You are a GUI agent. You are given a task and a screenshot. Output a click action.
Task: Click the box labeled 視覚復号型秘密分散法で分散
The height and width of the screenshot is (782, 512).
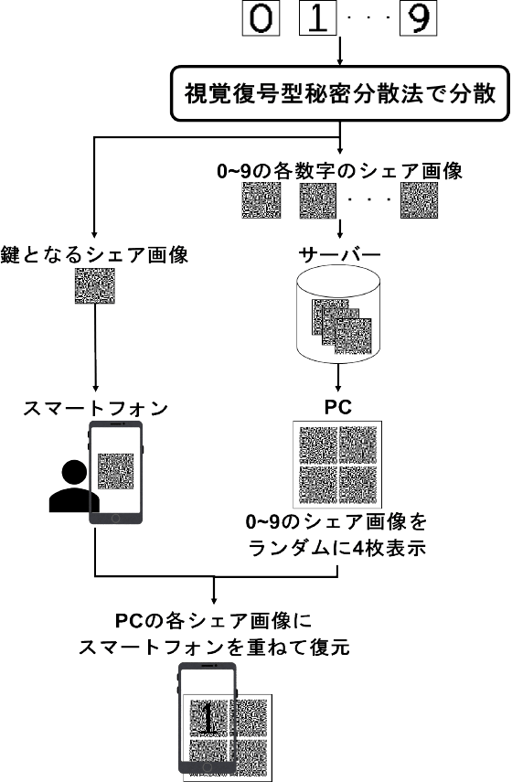click(340, 94)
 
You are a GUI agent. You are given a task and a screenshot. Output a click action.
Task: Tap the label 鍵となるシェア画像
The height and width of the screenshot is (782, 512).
click(95, 255)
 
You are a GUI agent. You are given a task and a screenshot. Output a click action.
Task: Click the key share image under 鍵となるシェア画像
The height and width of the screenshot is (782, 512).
click(95, 288)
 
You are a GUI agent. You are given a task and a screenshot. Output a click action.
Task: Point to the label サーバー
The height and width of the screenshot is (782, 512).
click(340, 255)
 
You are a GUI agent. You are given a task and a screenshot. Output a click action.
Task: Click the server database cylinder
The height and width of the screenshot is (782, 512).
click(340, 319)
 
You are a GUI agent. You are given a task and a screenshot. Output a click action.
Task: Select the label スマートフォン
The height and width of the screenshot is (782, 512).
click(95, 408)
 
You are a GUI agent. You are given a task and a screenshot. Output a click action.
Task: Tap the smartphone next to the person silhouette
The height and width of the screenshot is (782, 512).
click(117, 474)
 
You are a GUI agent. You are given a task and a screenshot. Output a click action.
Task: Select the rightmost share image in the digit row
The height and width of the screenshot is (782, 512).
click(420, 200)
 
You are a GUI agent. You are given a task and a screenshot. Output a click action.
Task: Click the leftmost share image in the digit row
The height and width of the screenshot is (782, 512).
click(261, 200)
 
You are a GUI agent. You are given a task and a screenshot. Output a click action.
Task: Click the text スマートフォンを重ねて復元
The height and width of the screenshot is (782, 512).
click(217, 646)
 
